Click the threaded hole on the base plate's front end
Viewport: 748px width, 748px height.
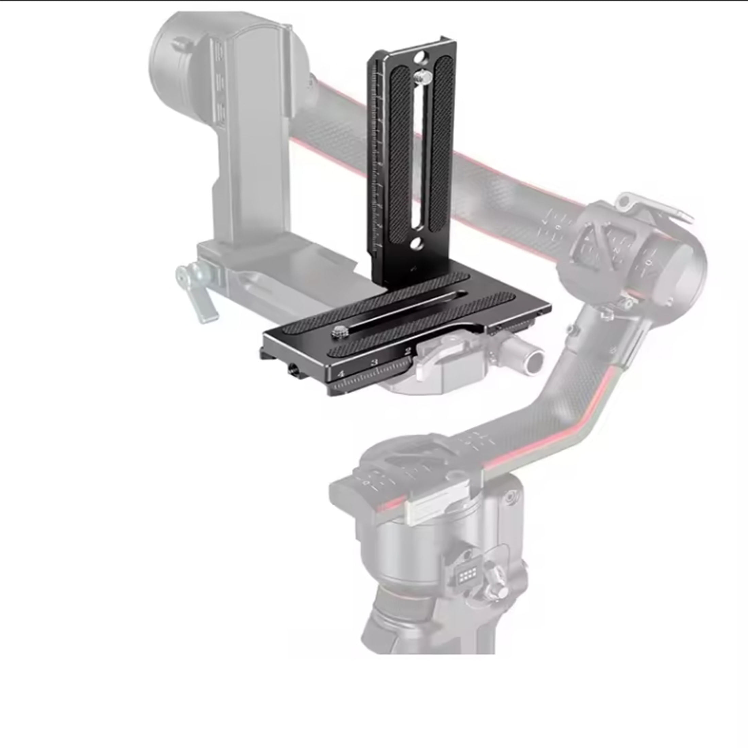pos(291,371)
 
